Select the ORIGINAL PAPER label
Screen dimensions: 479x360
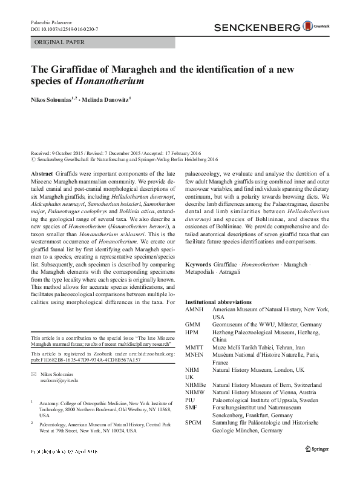tap(51, 42)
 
